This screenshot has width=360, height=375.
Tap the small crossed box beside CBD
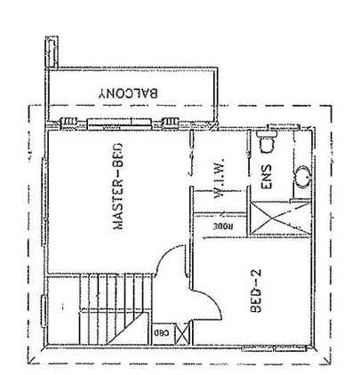click(x=182, y=334)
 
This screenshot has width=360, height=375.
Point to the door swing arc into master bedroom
click(x=164, y=267)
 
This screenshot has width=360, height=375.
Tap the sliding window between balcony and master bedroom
click(x=107, y=124)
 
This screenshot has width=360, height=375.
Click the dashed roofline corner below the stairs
click(x=31, y=363)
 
